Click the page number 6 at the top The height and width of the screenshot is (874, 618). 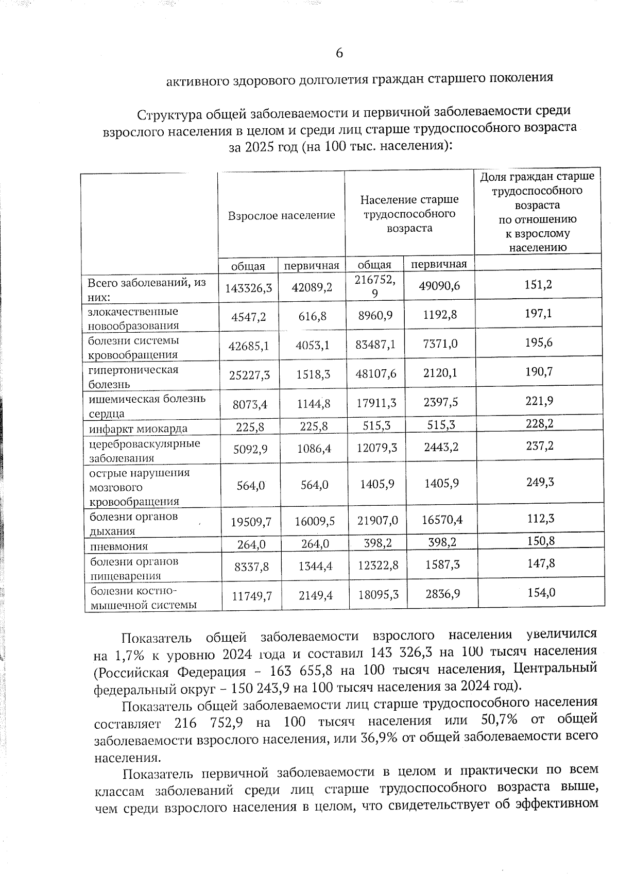pos(339,53)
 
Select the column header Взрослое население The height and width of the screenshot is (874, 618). pos(281,215)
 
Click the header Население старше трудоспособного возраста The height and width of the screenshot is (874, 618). pos(409,213)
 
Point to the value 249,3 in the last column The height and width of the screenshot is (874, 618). pos(539,482)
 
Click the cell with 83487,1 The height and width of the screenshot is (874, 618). pos(375,345)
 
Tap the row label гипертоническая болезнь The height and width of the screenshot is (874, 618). pos(133,376)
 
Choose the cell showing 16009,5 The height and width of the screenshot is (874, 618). pos(314,522)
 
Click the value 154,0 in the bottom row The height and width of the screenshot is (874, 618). pos(541,592)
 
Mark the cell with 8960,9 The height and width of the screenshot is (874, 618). pos(375,315)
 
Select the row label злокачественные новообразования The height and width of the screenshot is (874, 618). pos(133,318)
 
